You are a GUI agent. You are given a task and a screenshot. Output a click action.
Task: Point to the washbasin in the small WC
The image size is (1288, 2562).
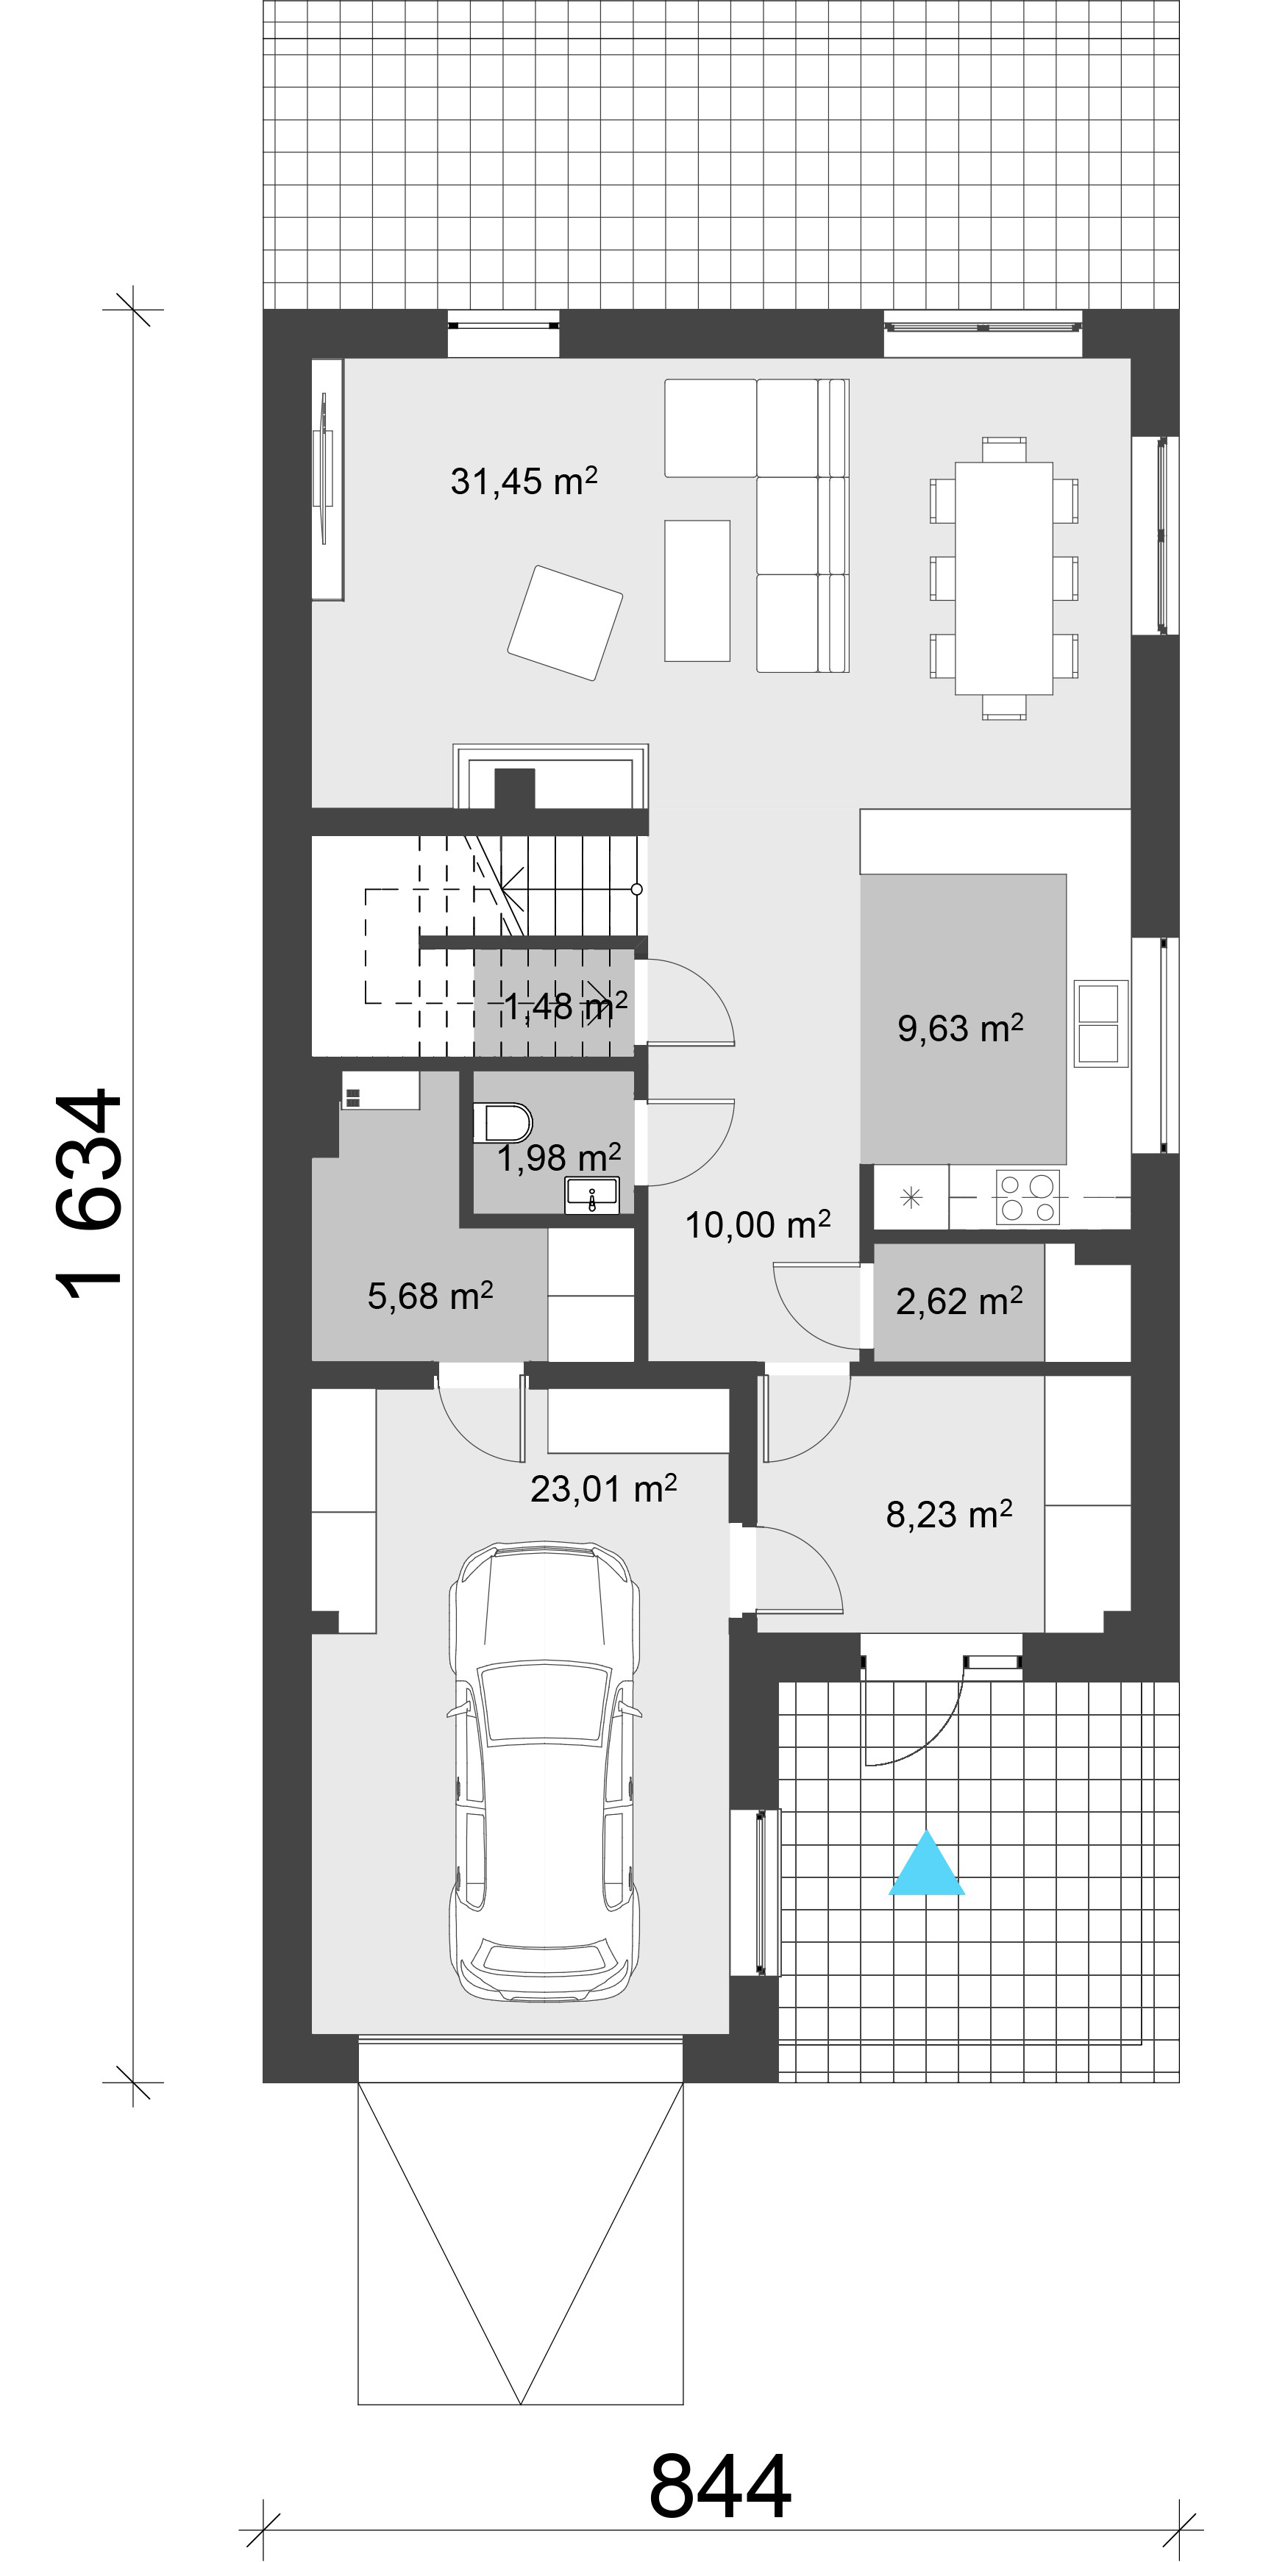(x=592, y=1194)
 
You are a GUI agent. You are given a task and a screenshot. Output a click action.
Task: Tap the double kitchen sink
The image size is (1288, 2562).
(x=1101, y=1024)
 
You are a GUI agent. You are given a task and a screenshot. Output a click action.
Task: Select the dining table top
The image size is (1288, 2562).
(x=1003, y=578)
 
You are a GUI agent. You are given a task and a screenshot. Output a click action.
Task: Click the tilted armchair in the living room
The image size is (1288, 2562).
(x=565, y=623)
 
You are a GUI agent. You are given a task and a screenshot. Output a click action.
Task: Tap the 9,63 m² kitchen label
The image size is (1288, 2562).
(x=960, y=1027)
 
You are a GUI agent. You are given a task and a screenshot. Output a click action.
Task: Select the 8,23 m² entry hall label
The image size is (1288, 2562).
(x=949, y=1513)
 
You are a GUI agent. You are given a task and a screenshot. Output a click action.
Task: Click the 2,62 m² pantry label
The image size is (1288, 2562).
(x=958, y=1301)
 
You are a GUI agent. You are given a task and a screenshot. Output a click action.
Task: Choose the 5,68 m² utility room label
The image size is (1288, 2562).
(x=430, y=1295)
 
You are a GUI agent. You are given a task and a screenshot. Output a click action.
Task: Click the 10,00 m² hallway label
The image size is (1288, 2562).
(x=757, y=1224)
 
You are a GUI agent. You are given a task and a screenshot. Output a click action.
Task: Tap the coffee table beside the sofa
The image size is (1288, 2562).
(x=697, y=590)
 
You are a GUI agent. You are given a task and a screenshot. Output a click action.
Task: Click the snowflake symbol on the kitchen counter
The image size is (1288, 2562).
(x=910, y=1197)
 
